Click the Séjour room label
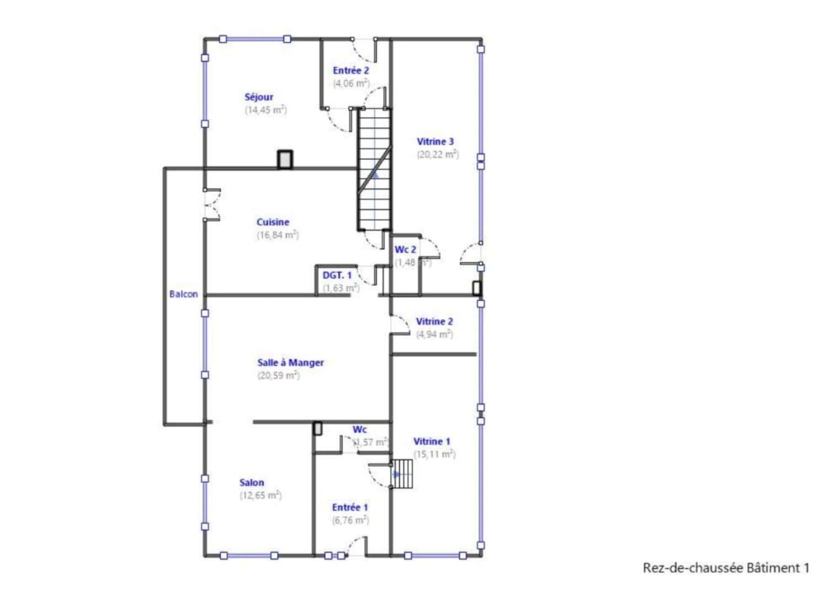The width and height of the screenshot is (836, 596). point(259,97)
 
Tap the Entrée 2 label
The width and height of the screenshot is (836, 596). point(350,71)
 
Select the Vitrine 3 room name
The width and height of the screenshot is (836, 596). point(435,142)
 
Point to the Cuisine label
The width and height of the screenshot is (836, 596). point(273,222)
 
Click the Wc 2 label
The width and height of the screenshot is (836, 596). point(405,249)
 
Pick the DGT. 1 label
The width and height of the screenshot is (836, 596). point(337,275)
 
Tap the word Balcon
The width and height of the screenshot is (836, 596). point(183,294)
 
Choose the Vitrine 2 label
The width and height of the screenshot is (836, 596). point(434,322)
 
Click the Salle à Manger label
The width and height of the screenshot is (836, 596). point(290,363)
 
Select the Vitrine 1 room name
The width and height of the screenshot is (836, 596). point(432,441)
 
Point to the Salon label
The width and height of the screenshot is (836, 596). point(252,482)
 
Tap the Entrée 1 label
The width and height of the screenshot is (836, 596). point(350,507)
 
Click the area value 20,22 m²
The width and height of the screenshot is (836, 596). point(438,155)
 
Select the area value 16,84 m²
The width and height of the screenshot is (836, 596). point(278,235)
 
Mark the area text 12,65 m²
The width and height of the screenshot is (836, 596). point(260,496)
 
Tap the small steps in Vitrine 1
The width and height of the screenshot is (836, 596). point(402,474)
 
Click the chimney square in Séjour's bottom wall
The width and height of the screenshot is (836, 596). point(285,159)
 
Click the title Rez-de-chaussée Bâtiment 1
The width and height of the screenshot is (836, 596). point(726,568)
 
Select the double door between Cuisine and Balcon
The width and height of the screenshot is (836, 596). point(211,205)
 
